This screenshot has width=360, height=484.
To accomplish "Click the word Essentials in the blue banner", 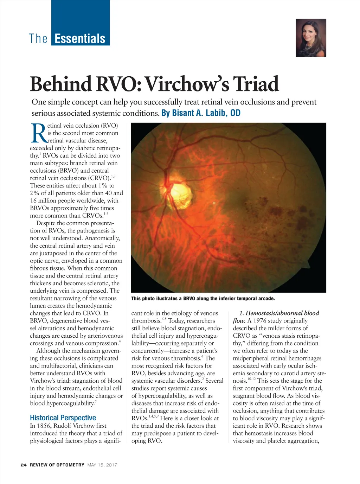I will coord(80,38).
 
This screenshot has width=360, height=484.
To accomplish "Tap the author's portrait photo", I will coord(311,38).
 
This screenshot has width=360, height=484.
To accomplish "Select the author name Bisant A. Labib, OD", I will coord(201,113).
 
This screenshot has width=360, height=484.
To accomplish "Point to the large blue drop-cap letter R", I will coord(38,134).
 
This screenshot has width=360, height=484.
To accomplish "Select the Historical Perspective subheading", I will coord(63,418).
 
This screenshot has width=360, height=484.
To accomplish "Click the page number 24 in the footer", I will coord(24,465).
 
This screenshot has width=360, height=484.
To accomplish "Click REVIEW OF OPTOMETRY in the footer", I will coord(57,465).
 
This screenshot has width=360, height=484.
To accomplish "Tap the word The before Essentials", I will coord(38,38).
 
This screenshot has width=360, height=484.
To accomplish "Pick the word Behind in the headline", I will coord(60,84).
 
